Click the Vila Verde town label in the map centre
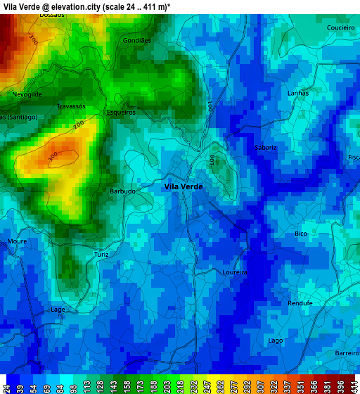183,186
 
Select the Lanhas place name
298,93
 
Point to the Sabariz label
266,148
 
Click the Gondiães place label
137,41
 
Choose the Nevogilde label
27,94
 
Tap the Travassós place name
71,106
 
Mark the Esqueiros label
120,112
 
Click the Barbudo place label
122,191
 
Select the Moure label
17,241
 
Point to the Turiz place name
101,254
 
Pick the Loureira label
234,272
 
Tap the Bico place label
301,234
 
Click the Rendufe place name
300,303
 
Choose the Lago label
276,340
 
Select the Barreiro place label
347,352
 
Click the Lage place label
58,309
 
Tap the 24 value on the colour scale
6,386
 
